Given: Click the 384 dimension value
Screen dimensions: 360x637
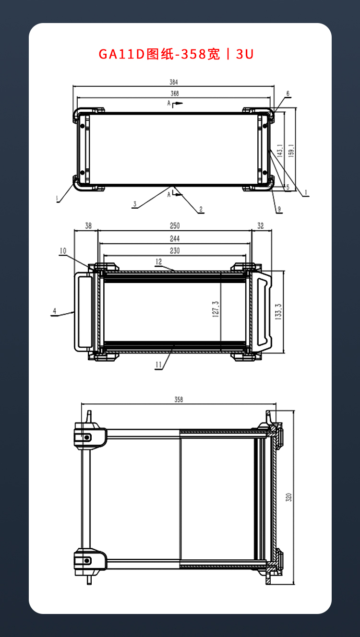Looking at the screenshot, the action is pos(174,82).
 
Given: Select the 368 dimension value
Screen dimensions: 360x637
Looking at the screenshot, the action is pos(175,94).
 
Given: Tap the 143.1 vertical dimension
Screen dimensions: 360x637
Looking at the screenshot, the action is pos(280,151).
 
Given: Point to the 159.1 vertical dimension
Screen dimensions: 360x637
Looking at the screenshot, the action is pos(291,150).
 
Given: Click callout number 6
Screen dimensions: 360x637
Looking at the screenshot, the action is pos(288,94).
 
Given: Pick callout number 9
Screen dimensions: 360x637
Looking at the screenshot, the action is pos(279,209).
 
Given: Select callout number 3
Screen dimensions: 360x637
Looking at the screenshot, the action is pos(135,204).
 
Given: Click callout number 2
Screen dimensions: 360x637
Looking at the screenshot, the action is pos(201,209).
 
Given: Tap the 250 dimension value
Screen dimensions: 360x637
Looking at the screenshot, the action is pos(175,226).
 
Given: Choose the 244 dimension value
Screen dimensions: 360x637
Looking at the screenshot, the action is pos(175,238).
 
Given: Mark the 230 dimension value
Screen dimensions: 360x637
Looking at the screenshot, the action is pos(175,250).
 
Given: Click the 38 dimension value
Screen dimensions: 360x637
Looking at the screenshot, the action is pos(88,226).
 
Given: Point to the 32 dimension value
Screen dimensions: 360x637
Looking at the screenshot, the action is pos(260,226).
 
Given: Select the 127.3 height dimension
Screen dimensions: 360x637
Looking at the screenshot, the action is pos(216,309).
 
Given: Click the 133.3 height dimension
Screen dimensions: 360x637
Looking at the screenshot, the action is pos(278,312).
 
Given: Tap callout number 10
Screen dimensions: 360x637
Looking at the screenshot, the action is pos(63,251).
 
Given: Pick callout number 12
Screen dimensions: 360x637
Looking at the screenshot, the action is pos(158,261).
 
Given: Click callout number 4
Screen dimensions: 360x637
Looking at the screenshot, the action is pos(54,311).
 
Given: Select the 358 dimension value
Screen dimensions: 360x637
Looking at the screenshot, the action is pos(179,400).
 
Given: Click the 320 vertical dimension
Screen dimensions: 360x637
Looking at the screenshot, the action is pos(288,497).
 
